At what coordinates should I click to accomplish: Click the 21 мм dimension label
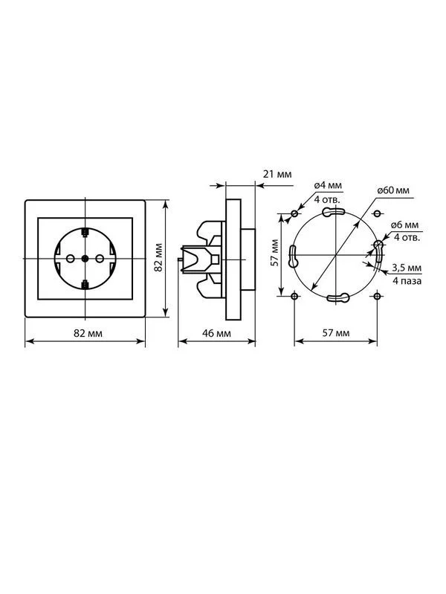click(x=277, y=174)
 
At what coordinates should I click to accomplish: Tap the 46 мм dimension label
click(x=216, y=333)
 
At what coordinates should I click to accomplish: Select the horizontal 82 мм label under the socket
click(x=88, y=333)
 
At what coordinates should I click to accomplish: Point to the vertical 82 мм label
click(x=158, y=256)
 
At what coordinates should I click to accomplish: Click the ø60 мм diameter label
click(x=393, y=190)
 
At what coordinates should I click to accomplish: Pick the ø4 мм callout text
click(x=328, y=185)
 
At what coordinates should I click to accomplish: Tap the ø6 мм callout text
click(x=405, y=225)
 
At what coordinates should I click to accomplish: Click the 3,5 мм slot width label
click(x=406, y=268)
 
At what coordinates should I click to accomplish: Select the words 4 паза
click(x=407, y=281)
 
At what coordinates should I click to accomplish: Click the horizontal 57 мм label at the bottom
click(x=336, y=333)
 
